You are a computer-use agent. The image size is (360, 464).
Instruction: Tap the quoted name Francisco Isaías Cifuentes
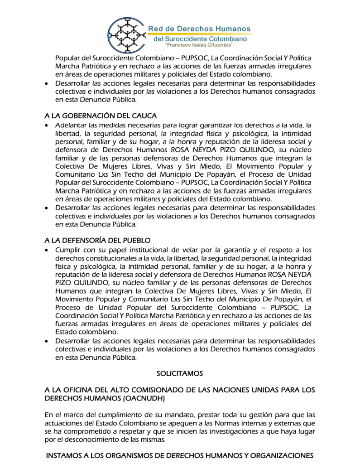click(199, 46)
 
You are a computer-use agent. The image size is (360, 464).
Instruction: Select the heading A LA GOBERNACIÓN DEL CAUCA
click(101, 116)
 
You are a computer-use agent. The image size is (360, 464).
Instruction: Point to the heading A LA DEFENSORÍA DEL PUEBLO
click(97, 240)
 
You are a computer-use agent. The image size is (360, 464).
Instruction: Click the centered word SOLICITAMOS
click(180, 374)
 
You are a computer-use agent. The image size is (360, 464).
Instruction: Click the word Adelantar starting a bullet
click(71, 125)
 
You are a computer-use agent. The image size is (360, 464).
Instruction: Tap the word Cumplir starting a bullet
click(67, 250)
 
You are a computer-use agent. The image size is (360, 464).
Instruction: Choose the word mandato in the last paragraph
click(168, 415)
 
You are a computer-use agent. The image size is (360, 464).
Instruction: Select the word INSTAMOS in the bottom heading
click(64, 455)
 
